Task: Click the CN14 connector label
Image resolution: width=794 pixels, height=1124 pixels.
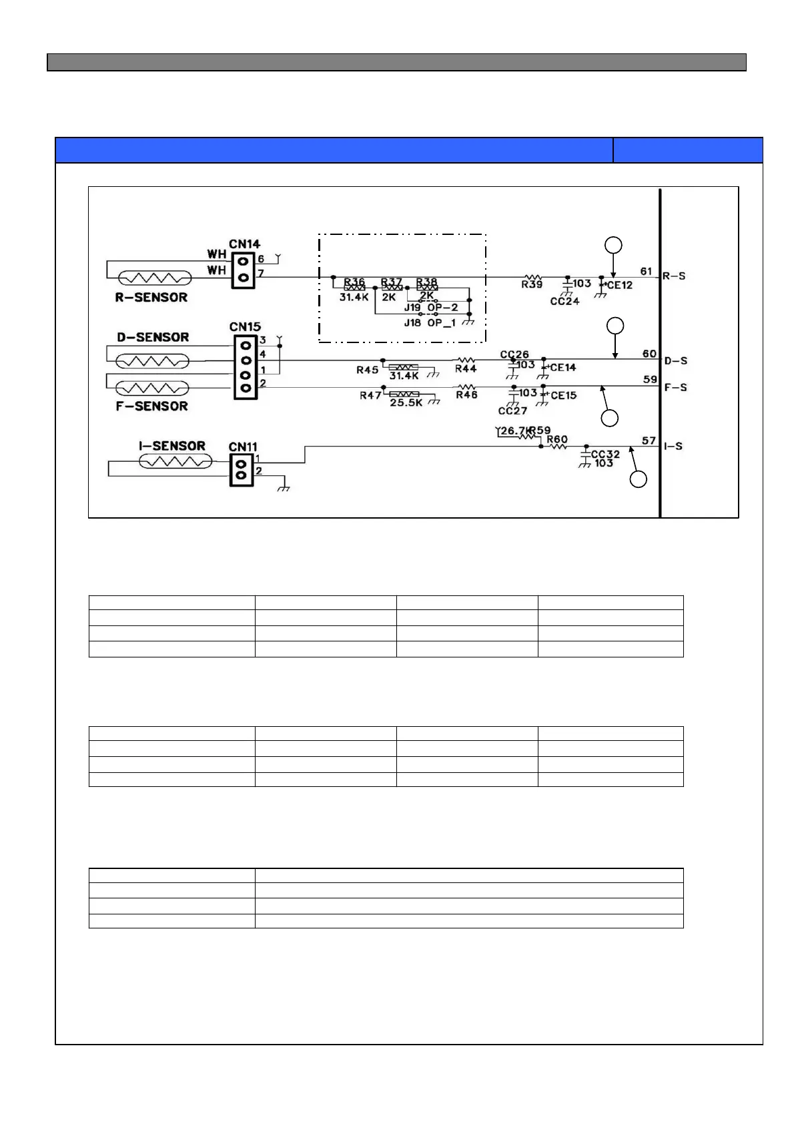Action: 244,244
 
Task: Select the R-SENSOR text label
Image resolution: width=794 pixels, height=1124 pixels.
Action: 151,297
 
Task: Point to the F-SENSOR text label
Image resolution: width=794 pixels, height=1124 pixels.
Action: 151,406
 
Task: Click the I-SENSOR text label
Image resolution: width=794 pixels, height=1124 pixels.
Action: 172,446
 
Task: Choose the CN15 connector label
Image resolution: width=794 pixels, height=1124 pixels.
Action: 245,327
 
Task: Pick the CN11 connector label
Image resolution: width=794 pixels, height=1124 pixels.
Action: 243,447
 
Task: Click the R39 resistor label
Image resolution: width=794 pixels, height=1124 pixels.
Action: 532,285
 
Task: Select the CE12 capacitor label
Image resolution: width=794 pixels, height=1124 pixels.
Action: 619,285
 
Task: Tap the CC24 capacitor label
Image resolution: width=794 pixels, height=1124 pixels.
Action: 564,301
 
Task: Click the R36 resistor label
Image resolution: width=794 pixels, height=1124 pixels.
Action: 354,282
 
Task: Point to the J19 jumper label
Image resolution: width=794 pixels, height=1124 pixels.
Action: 412,308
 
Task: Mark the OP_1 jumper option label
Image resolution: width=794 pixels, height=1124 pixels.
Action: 442,323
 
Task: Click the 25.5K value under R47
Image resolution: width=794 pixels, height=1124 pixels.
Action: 406,403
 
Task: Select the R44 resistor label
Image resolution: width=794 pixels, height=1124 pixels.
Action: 466,368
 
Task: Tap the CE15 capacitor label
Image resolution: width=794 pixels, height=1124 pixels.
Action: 563,395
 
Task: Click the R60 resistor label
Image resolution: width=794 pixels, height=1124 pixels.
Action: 557,439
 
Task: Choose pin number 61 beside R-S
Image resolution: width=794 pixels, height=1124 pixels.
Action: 646,271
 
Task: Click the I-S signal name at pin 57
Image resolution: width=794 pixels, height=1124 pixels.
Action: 673,446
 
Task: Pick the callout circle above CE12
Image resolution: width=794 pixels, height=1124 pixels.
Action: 613,245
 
